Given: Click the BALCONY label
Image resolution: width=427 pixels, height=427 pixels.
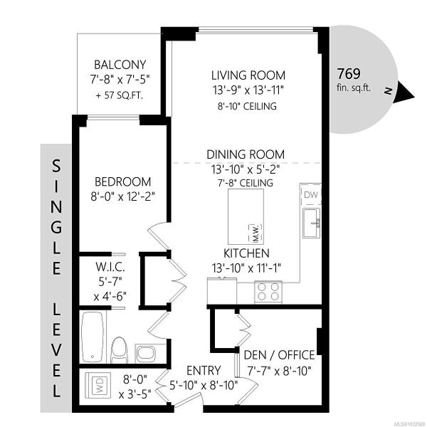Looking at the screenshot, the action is click(x=120, y=65).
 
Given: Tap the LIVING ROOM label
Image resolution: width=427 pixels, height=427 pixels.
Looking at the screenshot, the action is click(x=248, y=75).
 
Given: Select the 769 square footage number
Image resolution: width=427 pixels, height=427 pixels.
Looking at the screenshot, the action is click(x=349, y=73).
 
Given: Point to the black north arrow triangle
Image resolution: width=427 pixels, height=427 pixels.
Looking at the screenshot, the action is click(x=405, y=93).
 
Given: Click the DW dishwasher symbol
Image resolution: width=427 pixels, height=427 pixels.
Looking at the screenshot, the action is click(x=311, y=195).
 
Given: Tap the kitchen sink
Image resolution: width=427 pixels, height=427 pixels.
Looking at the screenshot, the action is click(x=312, y=223).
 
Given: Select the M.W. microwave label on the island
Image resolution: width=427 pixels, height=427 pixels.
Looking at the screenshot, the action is click(x=255, y=233).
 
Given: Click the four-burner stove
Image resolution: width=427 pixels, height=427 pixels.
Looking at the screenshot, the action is click(x=268, y=292).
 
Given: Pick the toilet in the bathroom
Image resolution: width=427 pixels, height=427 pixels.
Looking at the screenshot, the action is click(x=119, y=350).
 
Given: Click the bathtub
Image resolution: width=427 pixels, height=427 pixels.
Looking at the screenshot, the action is click(x=93, y=337).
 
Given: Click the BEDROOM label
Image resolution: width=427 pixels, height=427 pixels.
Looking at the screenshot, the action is click(x=123, y=181).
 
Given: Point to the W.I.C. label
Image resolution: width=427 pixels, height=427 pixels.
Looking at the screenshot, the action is click(x=110, y=267).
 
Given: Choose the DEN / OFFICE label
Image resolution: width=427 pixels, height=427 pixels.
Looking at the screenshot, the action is click(x=280, y=355).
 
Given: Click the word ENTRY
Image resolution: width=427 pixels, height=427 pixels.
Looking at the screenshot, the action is click(x=204, y=371).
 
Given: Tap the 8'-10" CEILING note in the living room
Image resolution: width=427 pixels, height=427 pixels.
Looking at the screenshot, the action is click(x=247, y=106).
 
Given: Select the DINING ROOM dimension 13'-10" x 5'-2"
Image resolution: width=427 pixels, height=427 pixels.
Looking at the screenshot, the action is click(x=246, y=169).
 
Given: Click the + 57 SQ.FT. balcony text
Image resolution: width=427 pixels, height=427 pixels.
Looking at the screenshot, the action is click(x=120, y=95).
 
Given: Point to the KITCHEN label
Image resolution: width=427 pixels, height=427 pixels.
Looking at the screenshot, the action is click(x=246, y=253).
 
